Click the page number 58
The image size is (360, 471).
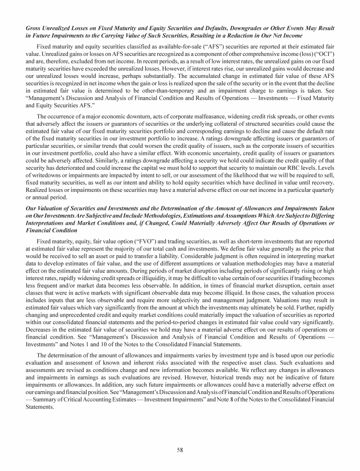pyautogui.click(x=180, y=450)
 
